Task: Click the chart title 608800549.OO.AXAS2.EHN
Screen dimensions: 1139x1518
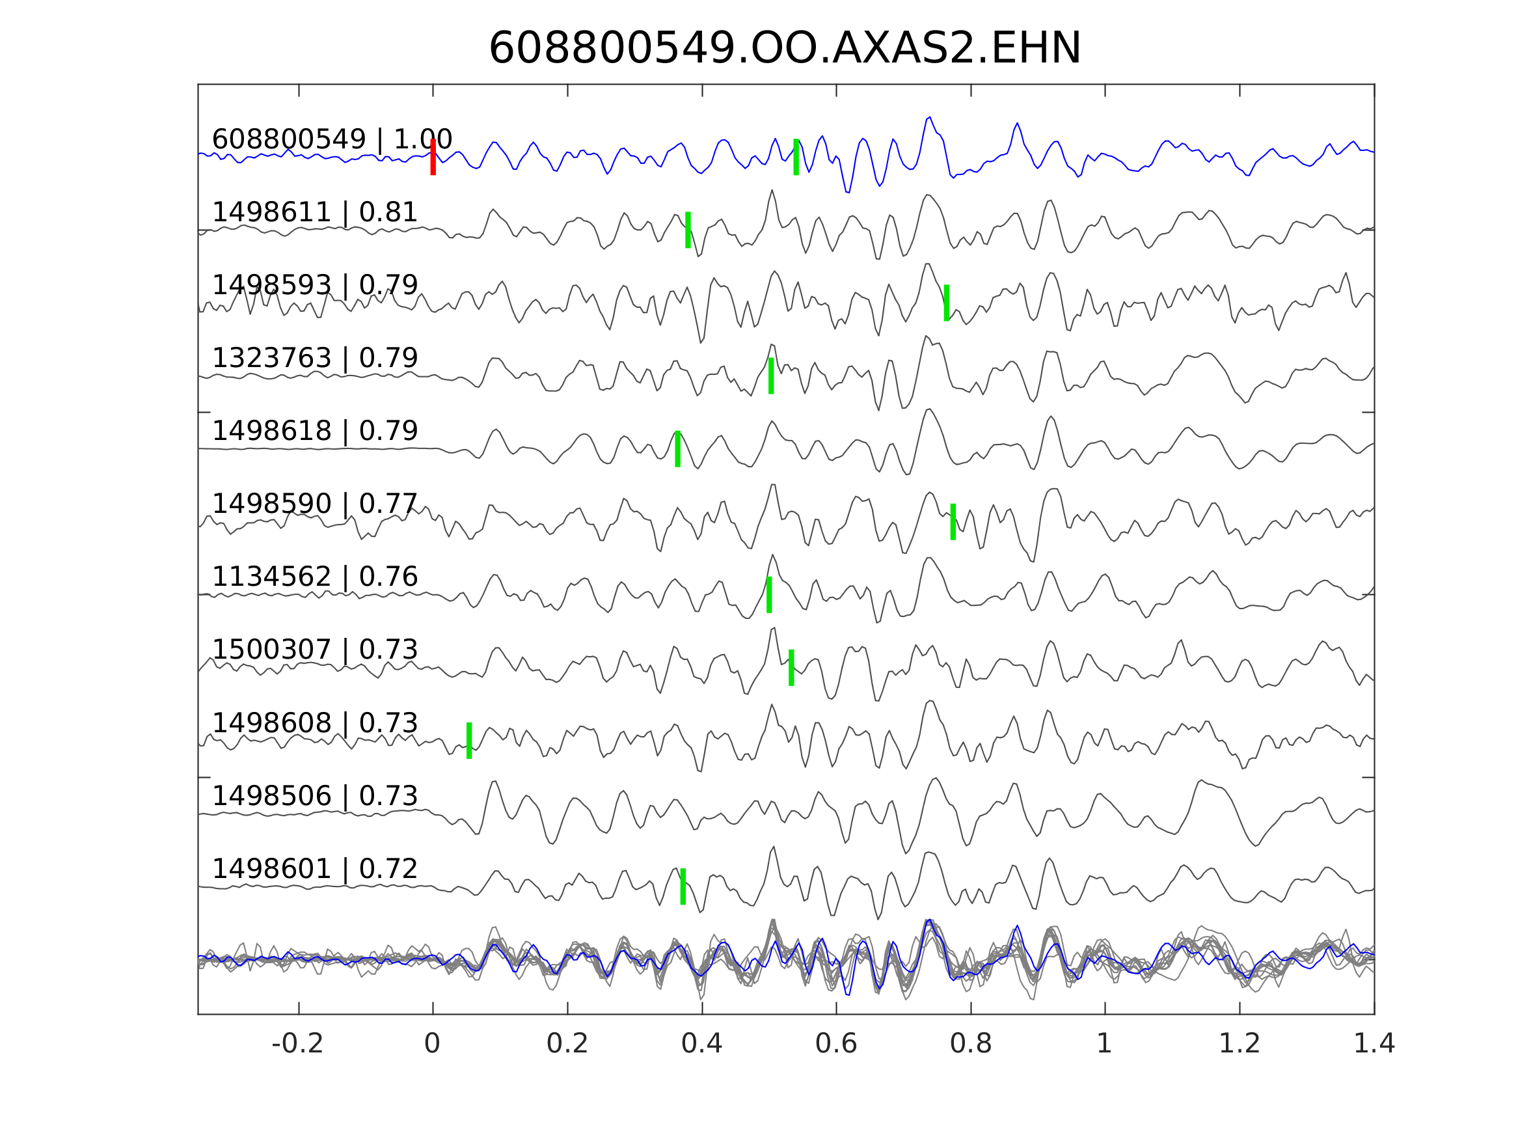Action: click(785, 49)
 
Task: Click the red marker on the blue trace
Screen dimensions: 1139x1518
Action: click(433, 158)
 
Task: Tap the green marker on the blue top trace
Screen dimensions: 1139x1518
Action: click(796, 158)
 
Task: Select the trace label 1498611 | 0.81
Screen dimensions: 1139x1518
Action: click(314, 213)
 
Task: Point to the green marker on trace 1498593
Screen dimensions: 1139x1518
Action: click(946, 303)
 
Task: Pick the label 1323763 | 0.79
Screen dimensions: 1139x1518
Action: click(314, 359)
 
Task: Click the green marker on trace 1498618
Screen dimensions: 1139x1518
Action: click(677, 449)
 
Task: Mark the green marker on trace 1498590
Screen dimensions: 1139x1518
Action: click(953, 522)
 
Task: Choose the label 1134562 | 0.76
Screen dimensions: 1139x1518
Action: click(314, 577)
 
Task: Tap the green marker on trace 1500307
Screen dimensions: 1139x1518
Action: click(791, 667)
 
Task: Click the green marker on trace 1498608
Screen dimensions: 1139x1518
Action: click(469, 741)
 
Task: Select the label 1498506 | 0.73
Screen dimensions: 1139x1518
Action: click(314, 796)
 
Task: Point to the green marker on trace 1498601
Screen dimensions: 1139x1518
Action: click(683, 886)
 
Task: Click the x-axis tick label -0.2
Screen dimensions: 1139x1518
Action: click(297, 1044)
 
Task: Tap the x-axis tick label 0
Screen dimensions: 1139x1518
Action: click(432, 1044)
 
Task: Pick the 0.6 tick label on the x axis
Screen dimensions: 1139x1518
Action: click(836, 1044)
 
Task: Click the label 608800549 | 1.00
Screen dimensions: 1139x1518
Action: click(331, 139)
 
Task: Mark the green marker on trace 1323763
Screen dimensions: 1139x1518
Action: click(771, 376)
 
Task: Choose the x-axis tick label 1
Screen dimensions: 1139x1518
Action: click(1104, 1044)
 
